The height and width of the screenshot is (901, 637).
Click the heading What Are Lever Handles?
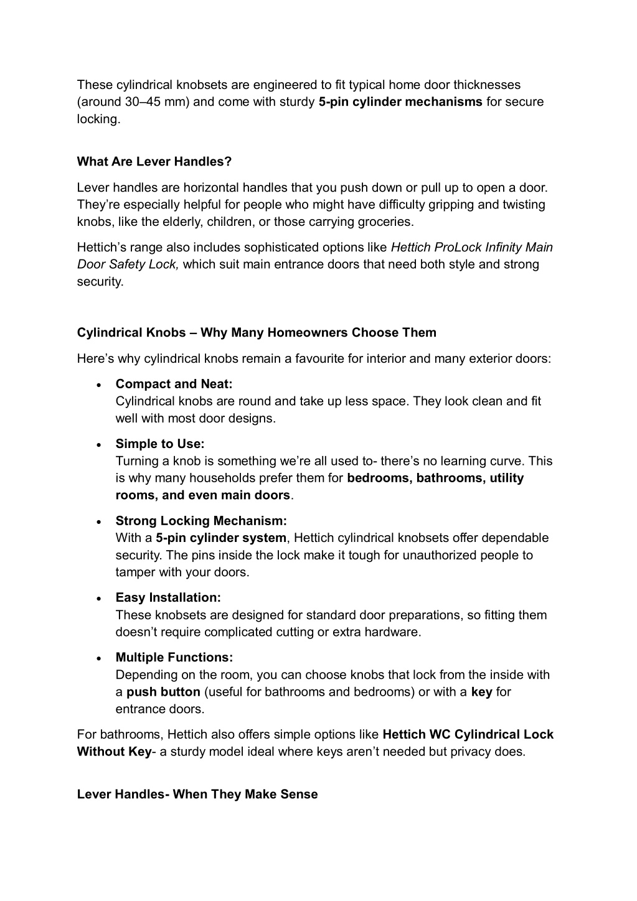tap(154, 162)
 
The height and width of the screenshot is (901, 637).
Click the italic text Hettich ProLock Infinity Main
tap(471, 248)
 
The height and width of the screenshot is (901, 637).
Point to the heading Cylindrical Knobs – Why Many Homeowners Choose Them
tap(257, 333)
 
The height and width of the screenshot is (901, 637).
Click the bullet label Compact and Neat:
tap(174, 384)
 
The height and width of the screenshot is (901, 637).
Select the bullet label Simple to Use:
tap(160, 444)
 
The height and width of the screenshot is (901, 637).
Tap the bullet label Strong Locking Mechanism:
tap(201, 521)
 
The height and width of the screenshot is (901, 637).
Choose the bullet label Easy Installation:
tap(168, 598)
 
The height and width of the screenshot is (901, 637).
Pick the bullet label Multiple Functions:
tap(174, 658)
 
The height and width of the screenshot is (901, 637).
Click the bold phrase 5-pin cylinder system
tap(221, 538)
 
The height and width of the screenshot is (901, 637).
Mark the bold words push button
tap(163, 692)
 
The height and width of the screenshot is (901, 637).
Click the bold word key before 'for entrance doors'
tap(481, 692)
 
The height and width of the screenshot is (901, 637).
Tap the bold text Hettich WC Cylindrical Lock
tap(468, 734)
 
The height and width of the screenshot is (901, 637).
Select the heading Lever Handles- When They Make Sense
tap(197, 795)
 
